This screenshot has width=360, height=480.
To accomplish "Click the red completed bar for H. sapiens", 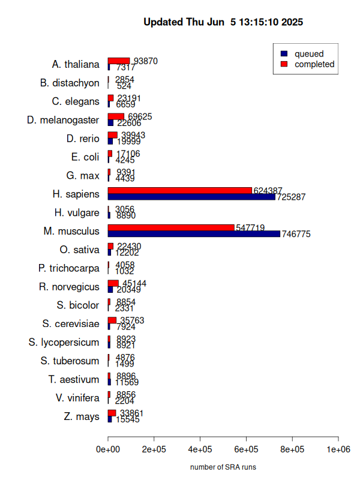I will coord(180,191).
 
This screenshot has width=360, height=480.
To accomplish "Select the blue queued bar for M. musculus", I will coord(194,234).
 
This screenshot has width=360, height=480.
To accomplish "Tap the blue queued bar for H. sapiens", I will coord(191,197).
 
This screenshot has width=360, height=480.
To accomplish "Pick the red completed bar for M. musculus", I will coord(171,228).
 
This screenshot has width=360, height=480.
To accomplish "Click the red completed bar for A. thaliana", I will coord(119,61).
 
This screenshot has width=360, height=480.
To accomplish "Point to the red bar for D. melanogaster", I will coord(116,116).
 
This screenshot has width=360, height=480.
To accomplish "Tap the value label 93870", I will coord(146,61).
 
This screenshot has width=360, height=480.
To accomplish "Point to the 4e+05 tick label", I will coord(200,449).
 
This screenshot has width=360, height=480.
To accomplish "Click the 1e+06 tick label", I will coord(338,449).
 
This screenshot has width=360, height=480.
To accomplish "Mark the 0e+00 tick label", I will coord(108,449).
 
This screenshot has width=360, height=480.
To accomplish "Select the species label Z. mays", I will coord(82,416).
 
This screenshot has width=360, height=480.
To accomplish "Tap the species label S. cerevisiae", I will coord(71,324).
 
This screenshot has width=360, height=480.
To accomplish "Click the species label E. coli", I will coord(85,157).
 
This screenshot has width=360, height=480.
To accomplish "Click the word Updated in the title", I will coord(164,22).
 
